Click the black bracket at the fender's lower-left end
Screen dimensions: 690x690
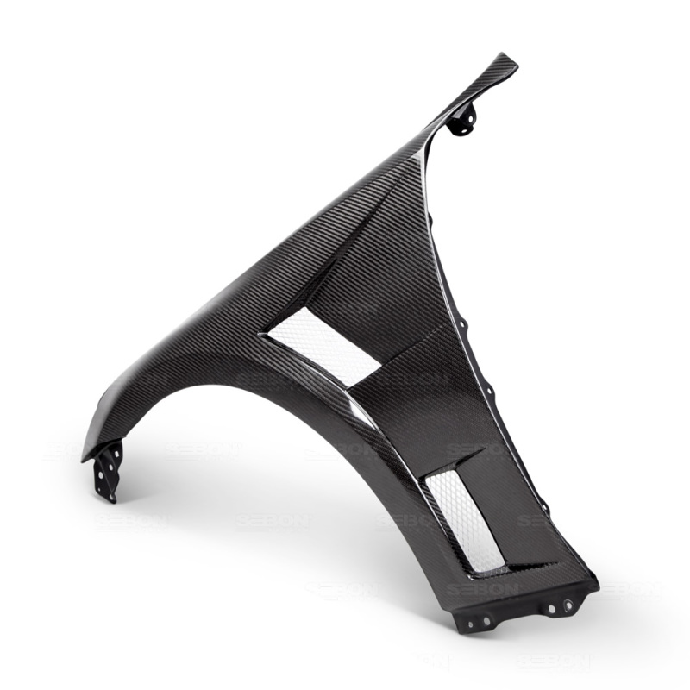coord(109,470)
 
